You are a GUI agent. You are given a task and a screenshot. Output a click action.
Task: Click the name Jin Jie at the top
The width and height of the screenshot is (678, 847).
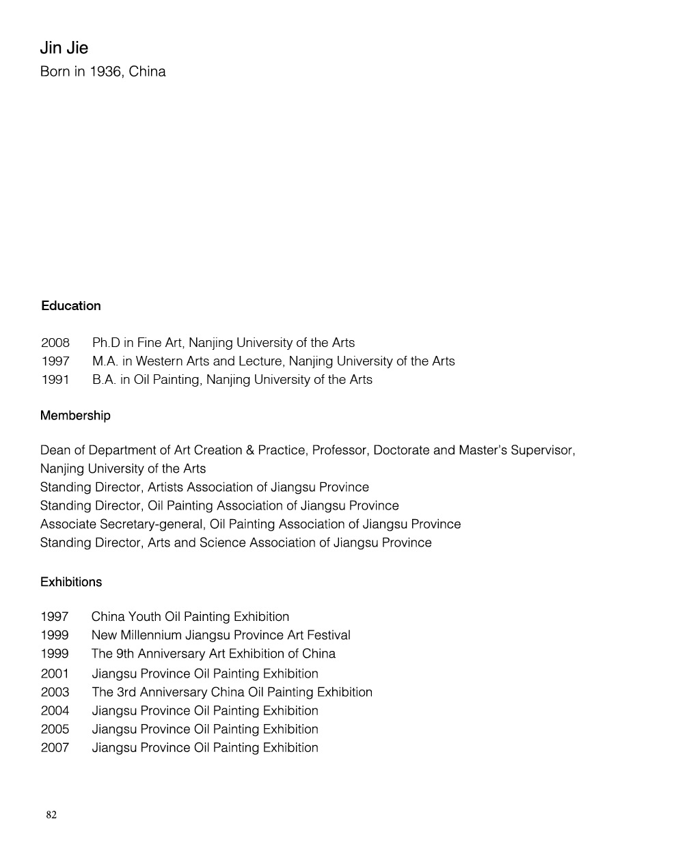tap(64, 48)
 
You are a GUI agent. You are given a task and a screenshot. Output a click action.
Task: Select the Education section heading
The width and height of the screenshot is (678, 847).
tap(70, 306)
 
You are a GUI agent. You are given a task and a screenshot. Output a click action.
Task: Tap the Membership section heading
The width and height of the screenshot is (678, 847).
tap(75, 416)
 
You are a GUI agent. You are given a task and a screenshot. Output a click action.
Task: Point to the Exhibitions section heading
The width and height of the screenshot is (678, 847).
tap(71, 583)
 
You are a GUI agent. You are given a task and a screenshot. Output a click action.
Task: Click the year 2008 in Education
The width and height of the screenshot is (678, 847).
tap(55, 343)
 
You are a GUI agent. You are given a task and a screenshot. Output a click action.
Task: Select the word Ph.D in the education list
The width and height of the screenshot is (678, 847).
tap(106, 343)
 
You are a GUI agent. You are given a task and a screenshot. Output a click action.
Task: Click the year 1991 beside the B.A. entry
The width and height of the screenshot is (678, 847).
tap(55, 380)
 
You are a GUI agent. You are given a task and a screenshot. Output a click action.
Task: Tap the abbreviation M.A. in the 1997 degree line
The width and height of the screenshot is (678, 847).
tap(105, 361)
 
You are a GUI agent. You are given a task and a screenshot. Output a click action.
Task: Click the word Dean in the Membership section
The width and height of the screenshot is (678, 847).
tap(55, 451)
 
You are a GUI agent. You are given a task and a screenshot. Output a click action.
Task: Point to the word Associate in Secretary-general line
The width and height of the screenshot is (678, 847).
tap(68, 525)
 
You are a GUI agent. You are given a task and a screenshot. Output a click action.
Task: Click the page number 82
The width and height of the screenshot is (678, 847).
tap(51, 815)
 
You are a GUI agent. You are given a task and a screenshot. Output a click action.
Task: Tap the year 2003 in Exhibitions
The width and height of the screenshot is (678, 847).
tap(55, 693)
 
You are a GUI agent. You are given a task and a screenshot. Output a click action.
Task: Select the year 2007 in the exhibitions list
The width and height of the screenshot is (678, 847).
tap(55, 748)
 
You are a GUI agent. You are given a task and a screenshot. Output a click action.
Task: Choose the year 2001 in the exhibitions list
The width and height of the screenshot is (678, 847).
tap(55, 674)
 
